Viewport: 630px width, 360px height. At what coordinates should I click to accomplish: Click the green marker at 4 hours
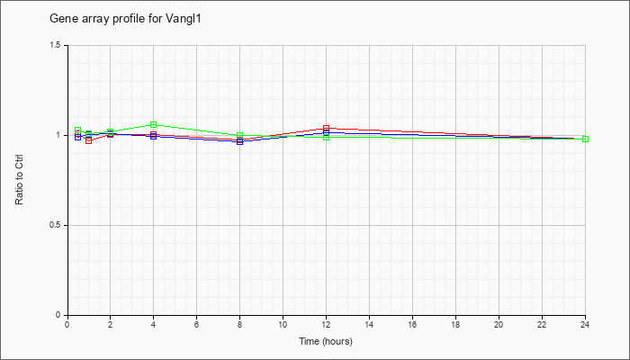click(154, 124)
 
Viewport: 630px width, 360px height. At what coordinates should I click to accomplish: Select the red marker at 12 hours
click(326, 128)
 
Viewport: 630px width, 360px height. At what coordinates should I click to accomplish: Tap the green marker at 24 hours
click(585, 139)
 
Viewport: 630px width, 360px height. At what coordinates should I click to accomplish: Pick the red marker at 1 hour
click(89, 140)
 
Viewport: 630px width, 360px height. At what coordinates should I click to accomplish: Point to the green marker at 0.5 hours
click(78, 130)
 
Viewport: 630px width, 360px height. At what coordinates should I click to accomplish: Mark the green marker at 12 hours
click(326, 138)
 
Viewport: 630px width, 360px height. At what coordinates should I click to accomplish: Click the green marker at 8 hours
click(240, 135)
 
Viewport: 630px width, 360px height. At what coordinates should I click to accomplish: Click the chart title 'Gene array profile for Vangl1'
click(125, 19)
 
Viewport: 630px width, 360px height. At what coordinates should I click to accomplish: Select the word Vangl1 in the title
click(183, 19)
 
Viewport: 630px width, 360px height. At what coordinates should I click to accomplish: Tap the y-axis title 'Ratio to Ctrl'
click(19, 180)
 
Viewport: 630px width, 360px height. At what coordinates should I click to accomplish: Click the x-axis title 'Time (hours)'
click(326, 342)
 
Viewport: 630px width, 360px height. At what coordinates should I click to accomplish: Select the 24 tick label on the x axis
click(585, 324)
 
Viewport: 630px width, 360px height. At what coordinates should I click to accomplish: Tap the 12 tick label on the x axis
click(326, 324)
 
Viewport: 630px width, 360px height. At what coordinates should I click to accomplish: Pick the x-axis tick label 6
click(196, 324)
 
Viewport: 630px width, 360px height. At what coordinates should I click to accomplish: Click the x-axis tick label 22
click(542, 324)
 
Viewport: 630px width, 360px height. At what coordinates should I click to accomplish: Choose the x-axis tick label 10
click(283, 324)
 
